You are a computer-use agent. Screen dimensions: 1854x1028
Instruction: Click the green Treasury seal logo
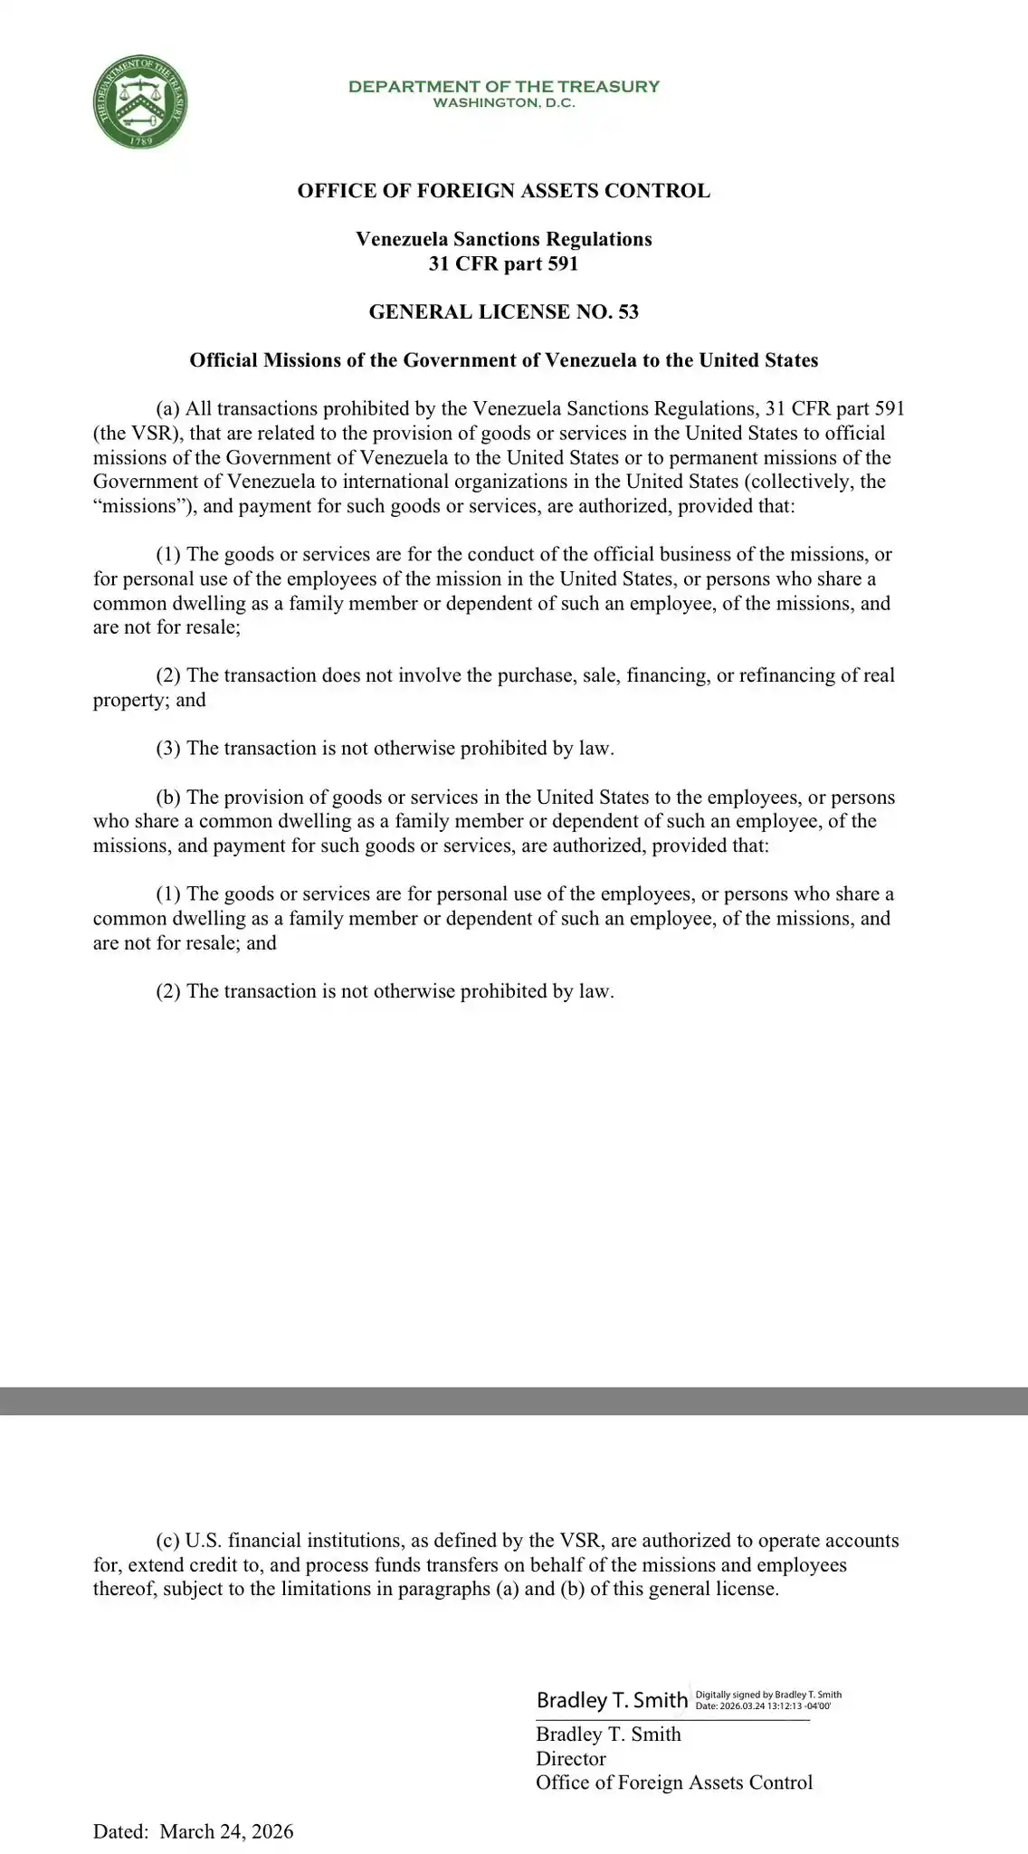(x=140, y=102)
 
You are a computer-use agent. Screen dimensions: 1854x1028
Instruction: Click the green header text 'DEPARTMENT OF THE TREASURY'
(x=504, y=86)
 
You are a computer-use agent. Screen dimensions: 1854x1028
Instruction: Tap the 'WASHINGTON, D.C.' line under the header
(x=504, y=103)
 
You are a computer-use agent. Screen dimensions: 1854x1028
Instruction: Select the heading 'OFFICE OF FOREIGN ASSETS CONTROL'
(x=504, y=191)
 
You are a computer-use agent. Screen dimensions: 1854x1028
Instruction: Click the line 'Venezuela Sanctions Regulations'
(x=504, y=239)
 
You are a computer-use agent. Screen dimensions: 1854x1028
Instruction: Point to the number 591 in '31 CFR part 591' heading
(x=561, y=263)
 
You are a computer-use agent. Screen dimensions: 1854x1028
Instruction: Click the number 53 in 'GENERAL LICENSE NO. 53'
(x=628, y=312)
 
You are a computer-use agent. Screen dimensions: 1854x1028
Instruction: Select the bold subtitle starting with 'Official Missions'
(x=504, y=360)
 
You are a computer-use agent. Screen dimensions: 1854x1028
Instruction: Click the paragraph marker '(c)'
(x=167, y=1541)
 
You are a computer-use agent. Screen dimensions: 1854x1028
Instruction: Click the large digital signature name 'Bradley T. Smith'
(x=612, y=1700)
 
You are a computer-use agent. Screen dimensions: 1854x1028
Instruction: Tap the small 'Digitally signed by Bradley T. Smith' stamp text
(x=768, y=1695)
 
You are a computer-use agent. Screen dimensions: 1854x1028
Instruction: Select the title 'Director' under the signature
(x=571, y=1758)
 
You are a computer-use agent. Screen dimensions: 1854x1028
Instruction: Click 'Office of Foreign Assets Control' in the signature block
(x=674, y=1782)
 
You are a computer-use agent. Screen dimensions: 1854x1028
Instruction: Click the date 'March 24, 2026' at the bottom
(x=226, y=1831)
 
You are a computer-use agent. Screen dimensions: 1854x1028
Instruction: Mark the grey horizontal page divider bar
(x=514, y=1400)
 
